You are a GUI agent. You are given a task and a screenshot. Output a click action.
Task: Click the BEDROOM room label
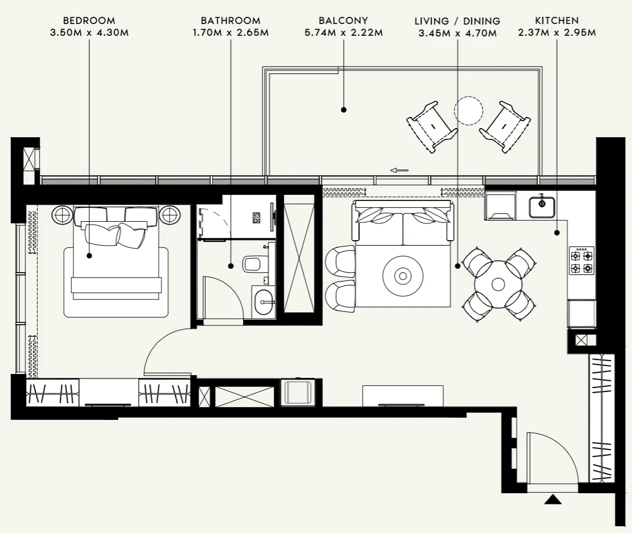[89, 21]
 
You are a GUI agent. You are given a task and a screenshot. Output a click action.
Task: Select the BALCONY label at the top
[343, 21]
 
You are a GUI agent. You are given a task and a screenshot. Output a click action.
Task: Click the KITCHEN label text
[556, 21]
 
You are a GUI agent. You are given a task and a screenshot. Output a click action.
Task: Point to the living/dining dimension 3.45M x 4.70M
[457, 33]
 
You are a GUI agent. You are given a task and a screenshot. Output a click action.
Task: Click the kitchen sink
[542, 204]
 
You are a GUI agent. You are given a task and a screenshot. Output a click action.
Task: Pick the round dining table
[498, 284]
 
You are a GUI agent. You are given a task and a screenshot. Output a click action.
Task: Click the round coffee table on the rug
[402, 275]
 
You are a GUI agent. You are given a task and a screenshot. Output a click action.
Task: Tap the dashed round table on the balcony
[468, 110]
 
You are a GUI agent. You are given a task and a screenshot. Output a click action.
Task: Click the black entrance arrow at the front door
[553, 499]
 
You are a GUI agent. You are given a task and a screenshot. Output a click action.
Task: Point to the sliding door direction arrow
[399, 170]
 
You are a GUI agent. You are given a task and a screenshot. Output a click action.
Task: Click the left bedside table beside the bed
[62, 214]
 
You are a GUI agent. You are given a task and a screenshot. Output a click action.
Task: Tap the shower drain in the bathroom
[256, 217]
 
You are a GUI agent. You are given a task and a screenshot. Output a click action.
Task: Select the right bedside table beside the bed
[169, 214]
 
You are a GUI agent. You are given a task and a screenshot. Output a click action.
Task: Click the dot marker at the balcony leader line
[344, 110]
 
